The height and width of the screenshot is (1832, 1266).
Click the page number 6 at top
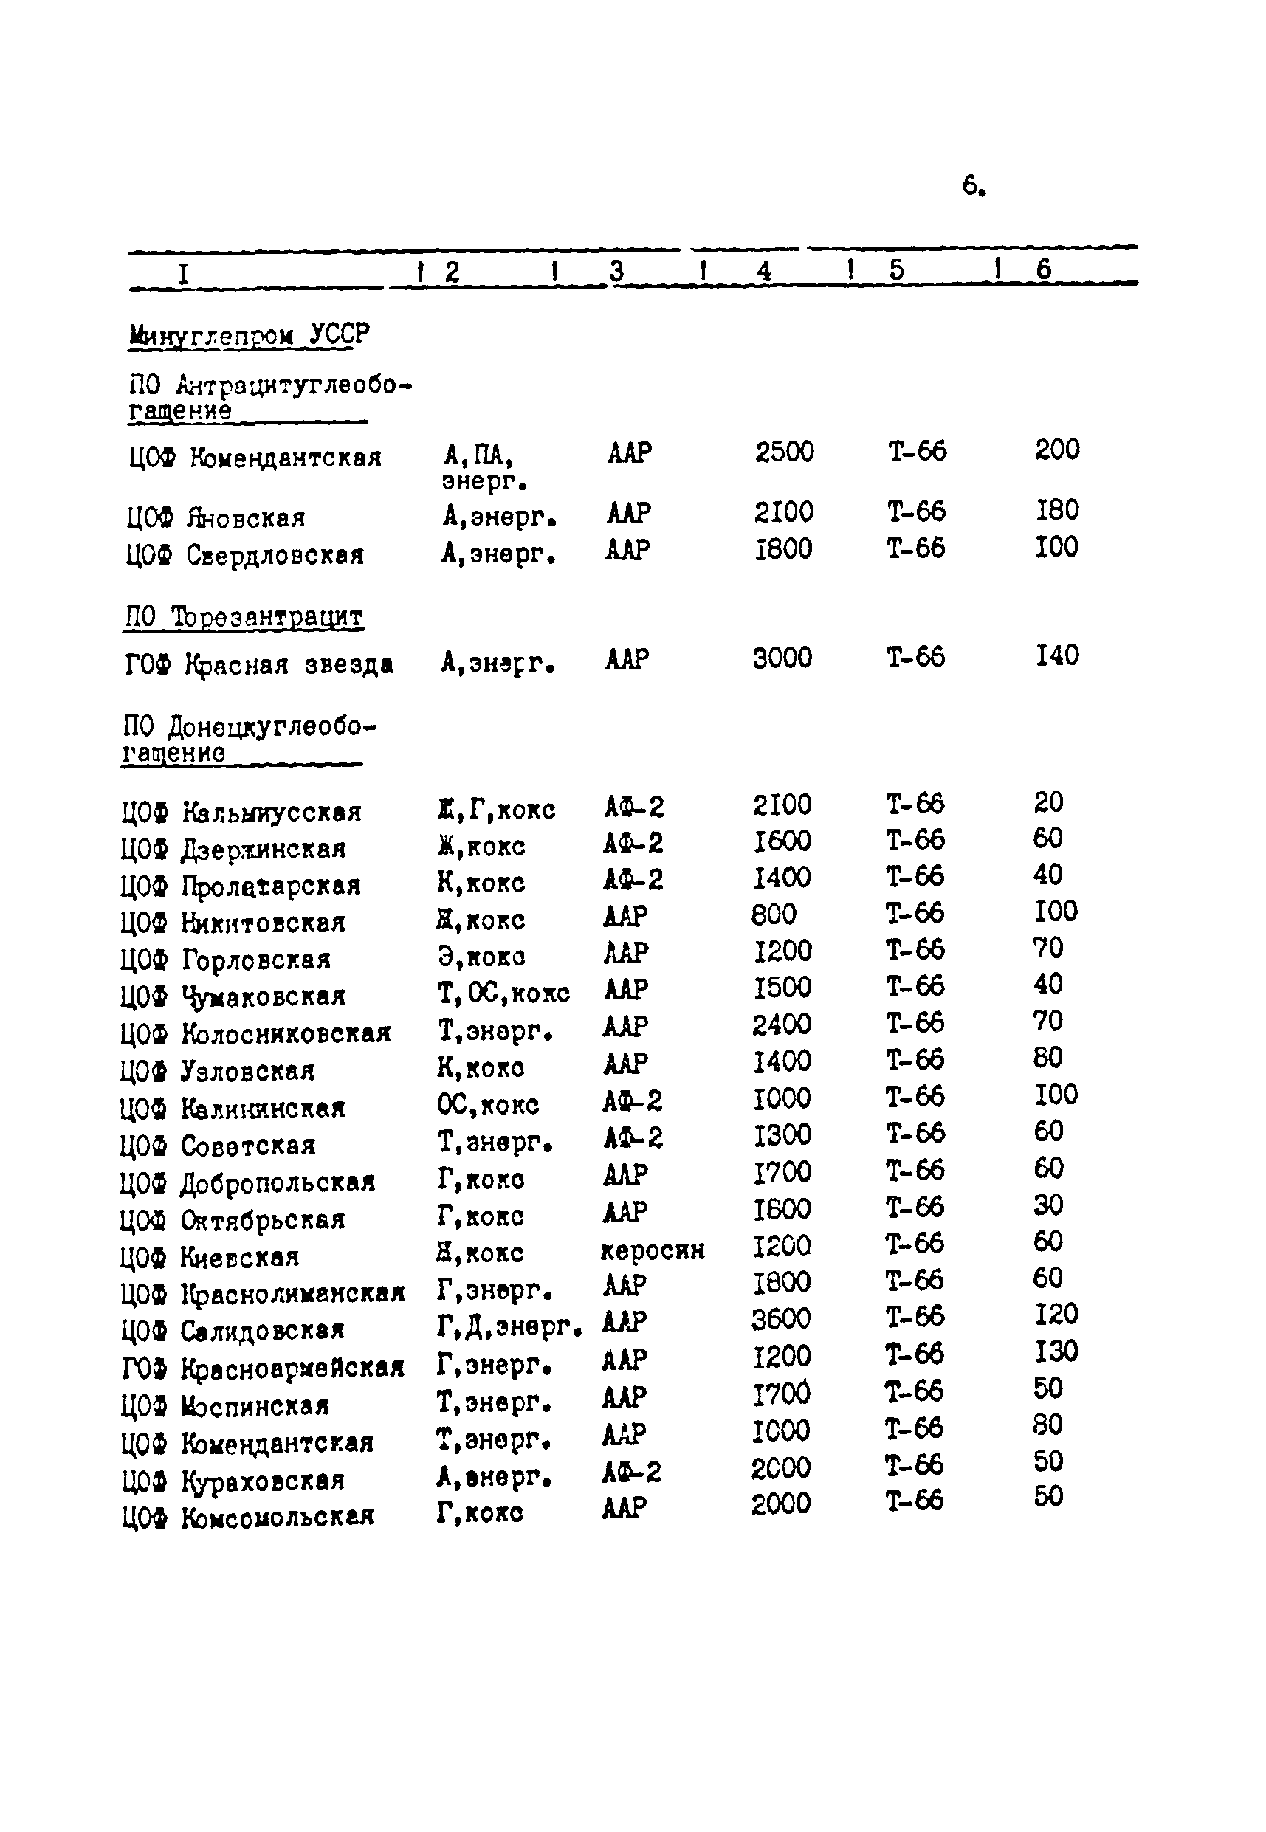click(x=972, y=185)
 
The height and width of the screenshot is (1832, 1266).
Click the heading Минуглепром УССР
click(x=248, y=334)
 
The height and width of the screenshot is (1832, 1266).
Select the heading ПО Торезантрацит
click(x=244, y=616)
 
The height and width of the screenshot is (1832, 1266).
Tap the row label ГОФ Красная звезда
click(x=258, y=664)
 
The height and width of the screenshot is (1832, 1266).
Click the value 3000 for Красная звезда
click(x=782, y=658)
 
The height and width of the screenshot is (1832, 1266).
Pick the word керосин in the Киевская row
click(x=653, y=1250)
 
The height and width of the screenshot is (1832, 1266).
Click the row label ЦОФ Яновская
click(x=216, y=518)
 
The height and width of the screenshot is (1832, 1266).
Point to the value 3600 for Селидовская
click(x=781, y=1319)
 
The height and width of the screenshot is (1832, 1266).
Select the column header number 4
click(x=763, y=271)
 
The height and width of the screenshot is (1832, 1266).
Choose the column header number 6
click(x=1043, y=269)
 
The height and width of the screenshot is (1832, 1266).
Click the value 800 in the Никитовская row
click(x=774, y=915)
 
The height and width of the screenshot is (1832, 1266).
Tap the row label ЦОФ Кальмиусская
click(x=241, y=812)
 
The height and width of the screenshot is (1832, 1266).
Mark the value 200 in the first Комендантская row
click(x=1056, y=450)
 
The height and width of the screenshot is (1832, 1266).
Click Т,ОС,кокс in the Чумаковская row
click(x=503, y=993)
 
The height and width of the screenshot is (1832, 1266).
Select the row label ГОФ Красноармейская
click(x=263, y=1368)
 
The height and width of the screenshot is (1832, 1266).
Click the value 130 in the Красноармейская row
click(x=1056, y=1351)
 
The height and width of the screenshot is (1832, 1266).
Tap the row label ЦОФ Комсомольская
click(x=247, y=1517)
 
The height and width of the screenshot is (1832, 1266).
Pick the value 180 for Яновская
click(x=1057, y=510)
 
